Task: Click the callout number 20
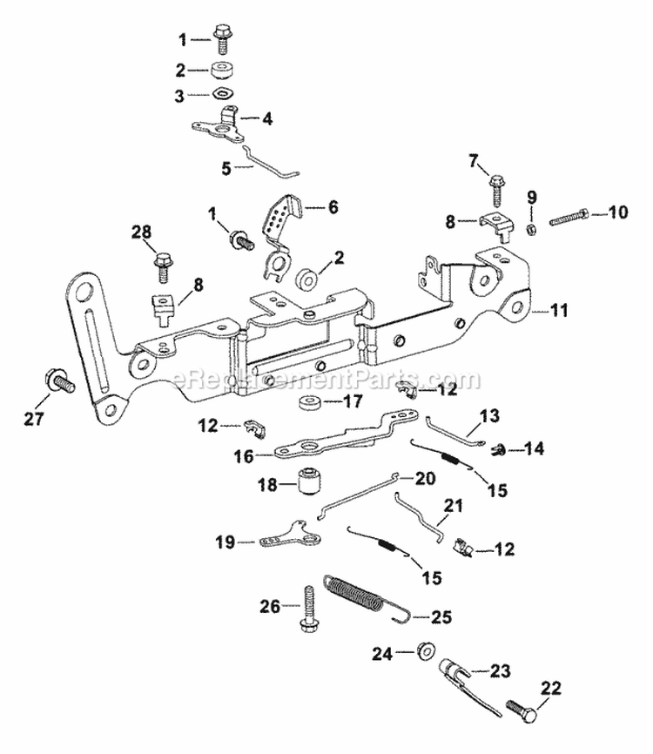(x=424, y=478)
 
